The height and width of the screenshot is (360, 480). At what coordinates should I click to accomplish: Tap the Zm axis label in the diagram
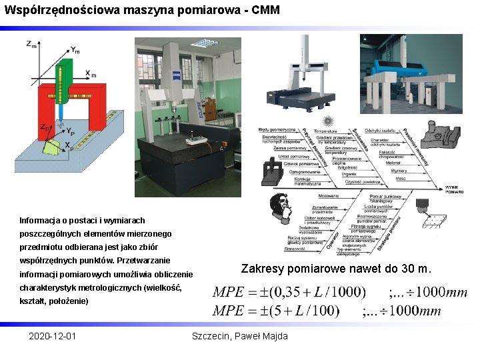pos(31,44)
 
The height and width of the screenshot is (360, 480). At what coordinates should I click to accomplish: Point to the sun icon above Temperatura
pos(327,121)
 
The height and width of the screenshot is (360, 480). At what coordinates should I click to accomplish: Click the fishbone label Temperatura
pos(325,131)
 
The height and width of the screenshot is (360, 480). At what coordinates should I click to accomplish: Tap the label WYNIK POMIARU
pos(454,189)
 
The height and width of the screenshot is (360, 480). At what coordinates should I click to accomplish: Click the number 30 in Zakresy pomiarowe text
pos(405,269)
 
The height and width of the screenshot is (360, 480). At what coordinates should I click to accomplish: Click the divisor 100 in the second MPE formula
pos(325,310)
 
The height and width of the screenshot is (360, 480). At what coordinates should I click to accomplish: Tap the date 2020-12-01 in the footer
pos(52,336)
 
